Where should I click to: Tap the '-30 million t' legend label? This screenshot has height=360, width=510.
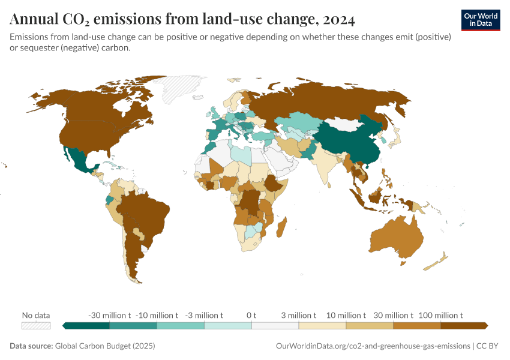click(109, 315)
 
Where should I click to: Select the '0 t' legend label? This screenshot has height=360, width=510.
click(251, 315)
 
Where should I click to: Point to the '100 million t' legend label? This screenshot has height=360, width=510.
click(441, 315)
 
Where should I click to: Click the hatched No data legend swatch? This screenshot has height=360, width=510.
click(36, 325)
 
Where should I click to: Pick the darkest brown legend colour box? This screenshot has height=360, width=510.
click(464, 325)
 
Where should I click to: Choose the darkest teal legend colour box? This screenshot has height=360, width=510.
click(86, 325)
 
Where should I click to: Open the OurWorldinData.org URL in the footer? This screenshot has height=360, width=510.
click(373, 346)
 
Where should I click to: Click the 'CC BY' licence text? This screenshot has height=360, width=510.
click(489, 346)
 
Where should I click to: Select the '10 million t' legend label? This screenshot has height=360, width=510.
click(346, 315)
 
